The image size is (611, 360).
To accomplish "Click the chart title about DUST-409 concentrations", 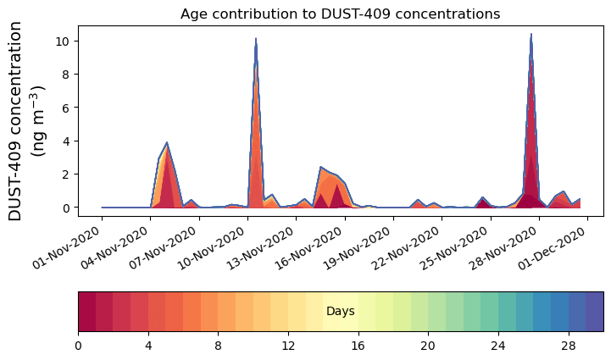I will pyautogui.click(x=340, y=14).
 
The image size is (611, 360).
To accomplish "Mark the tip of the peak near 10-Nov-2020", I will pyautogui.click(x=255, y=38).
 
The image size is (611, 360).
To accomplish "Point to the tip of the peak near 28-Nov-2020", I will pyautogui.click(x=530, y=34).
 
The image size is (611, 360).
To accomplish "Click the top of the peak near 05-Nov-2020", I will pyautogui.click(x=167, y=142).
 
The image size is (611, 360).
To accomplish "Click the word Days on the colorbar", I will pyautogui.click(x=340, y=312).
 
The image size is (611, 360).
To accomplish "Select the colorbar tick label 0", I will pyautogui.click(x=78, y=346).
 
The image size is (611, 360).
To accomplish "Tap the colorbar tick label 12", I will pyautogui.click(x=288, y=346).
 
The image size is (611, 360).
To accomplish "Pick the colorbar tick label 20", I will pyautogui.click(x=428, y=346).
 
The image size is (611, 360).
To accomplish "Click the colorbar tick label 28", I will pyautogui.click(x=568, y=346).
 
